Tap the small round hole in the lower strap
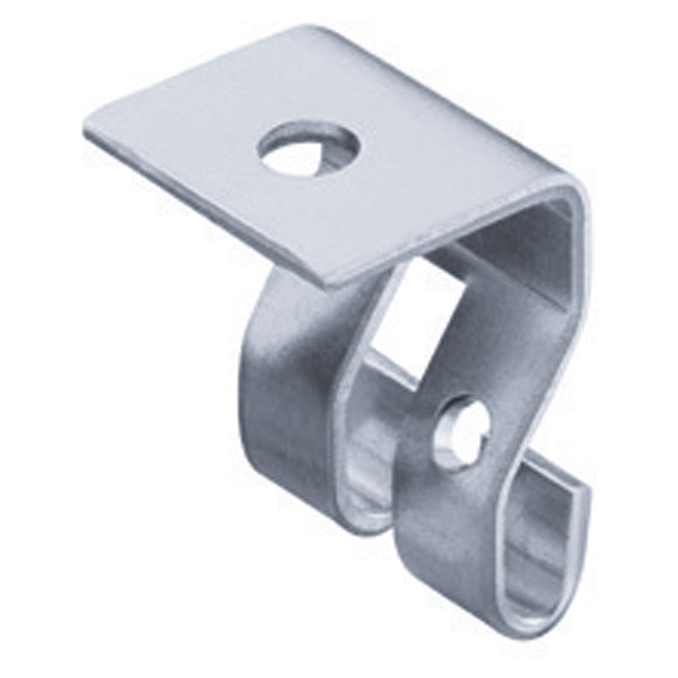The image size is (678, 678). click(x=462, y=431)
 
